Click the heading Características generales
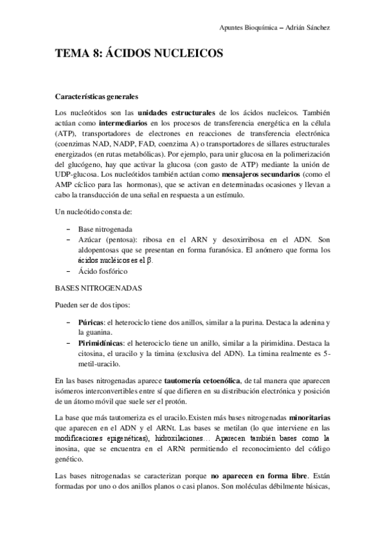pos(97,97)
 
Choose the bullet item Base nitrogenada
pos(105,229)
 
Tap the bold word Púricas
pos(91,321)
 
